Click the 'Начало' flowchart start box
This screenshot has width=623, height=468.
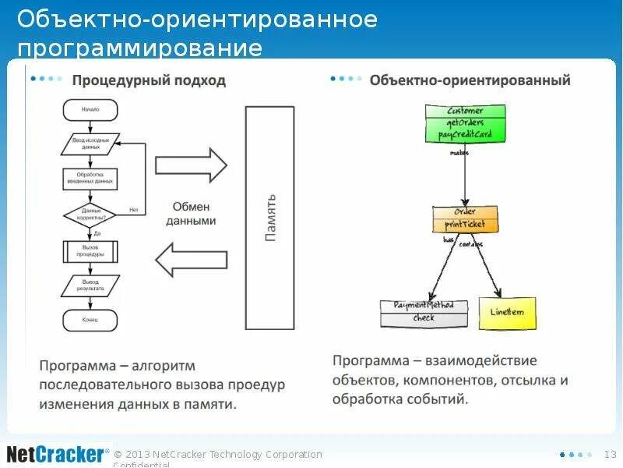pyautogui.click(x=90, y=110)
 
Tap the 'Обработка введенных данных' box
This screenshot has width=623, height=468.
pyautogui.click(x=90, y=179)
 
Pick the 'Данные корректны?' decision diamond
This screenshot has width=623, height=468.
pyautogui.click(x=90, y=214)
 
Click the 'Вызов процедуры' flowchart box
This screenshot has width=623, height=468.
pyautogui.click(x=90, y=251)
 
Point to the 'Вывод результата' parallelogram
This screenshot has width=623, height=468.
pyautogui.click(x=90, y=284)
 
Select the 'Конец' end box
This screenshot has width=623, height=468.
pyautogui.click(x=90, y=319)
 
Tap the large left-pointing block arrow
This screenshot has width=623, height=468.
pyautogui.click(x=191, y=260)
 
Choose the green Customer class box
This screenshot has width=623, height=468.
pyautogui.click(x=465, y=123)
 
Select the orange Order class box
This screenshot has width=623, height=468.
pyautogui.click(x=465, y=218)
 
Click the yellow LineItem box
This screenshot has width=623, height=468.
pyautogui.click(x=507, y=313)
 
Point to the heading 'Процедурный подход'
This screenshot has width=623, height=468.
pyautogui.click(x=149, y=80)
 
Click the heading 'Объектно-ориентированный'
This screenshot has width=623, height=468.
pyautogui.click(x=470, y=80)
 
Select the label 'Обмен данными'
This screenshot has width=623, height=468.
pyautogui.click(x=193, y=214)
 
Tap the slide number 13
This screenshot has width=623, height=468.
pyautogui.click(x=610, y=454)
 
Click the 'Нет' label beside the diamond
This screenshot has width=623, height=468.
pyautogui.click(x=134, y=209)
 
